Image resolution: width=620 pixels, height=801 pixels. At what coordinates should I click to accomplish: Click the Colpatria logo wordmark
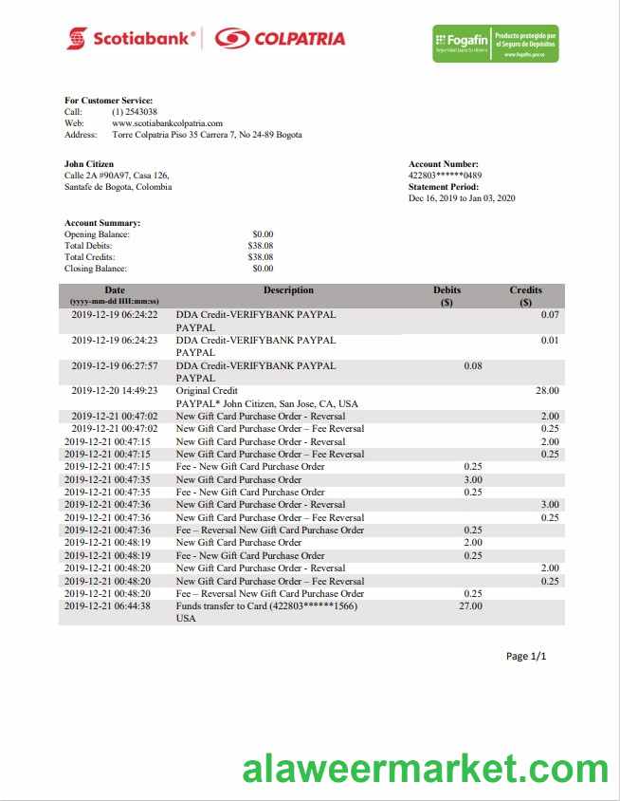click(x=279, y=39)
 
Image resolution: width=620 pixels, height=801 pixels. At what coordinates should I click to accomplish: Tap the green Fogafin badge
click(x=495, y=42)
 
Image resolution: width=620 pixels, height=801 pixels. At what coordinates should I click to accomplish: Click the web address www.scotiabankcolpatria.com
click(x=167, y=123)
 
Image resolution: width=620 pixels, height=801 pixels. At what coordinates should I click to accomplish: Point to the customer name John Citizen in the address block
click(x=89, y=164)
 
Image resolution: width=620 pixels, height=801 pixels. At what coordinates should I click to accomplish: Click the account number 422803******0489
click(x=445, y=176)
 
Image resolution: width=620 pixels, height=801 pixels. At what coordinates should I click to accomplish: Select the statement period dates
click(x=462, y=198)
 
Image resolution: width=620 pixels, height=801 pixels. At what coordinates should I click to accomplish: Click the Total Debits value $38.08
click(x=260, y=245)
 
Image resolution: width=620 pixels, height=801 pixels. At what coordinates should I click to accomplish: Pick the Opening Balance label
click(x=97, y=233)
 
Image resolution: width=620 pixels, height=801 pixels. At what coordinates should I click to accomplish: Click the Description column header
click(x=288, y=290)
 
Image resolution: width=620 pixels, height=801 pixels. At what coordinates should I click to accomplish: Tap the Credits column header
click(x=526, y=290)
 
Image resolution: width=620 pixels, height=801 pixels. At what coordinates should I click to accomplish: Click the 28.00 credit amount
click(x=547, y=390)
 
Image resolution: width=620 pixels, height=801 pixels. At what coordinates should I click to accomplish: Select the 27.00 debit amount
click(x=470, y=605)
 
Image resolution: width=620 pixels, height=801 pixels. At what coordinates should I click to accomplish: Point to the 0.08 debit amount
click(x=472, y=365)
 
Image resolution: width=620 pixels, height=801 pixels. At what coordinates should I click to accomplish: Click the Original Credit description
click(x=207, y=390)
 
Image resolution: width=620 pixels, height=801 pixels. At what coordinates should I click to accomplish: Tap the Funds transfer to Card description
click(x=266, y=605)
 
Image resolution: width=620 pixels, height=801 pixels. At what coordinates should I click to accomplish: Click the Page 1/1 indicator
click(x=526, y=656)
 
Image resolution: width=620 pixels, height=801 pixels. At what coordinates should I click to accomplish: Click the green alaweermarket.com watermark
click(x=426, y=769)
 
